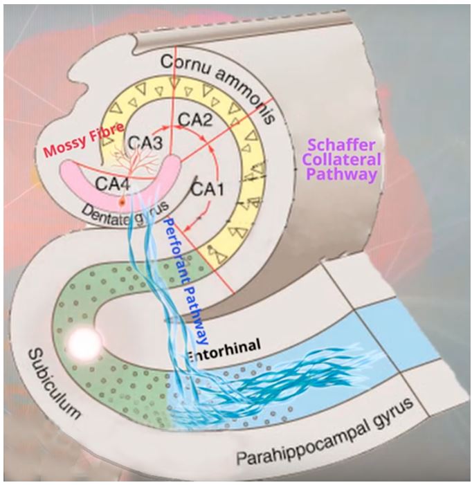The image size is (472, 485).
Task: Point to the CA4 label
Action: (x=111, y=183)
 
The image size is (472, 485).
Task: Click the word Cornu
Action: (x=187, y=64)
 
